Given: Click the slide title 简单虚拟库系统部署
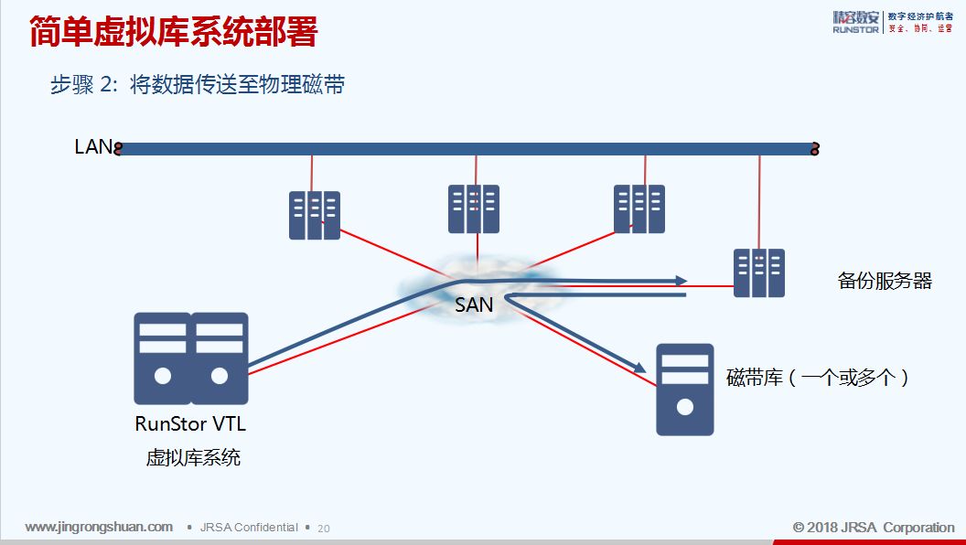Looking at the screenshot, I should click(x=174, y=32).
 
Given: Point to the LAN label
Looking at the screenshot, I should click(x=92, y=146).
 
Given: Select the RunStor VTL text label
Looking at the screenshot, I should click(x=190, y=424).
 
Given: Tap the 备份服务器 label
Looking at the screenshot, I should click(x=884, y=281).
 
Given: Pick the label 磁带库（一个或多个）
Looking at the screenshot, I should click(x=818, y=378).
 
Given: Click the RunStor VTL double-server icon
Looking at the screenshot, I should click(x=191, y=358).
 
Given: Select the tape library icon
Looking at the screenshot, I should click(x=685, y=389).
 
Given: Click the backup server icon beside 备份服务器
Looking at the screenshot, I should click(x=759, y=272).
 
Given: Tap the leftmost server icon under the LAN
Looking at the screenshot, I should click(x=315, y=216).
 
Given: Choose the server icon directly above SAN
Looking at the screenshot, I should click(x=474, y=208).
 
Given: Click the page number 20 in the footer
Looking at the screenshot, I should click(x=324, y=529).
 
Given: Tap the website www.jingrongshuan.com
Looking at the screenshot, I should click(x=99, y=527).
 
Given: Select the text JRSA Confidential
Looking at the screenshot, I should click(x=249, y=528).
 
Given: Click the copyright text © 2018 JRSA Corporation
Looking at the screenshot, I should click(x=874, y=528).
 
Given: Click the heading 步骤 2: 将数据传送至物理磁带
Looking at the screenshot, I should click(x=197, y=85).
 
